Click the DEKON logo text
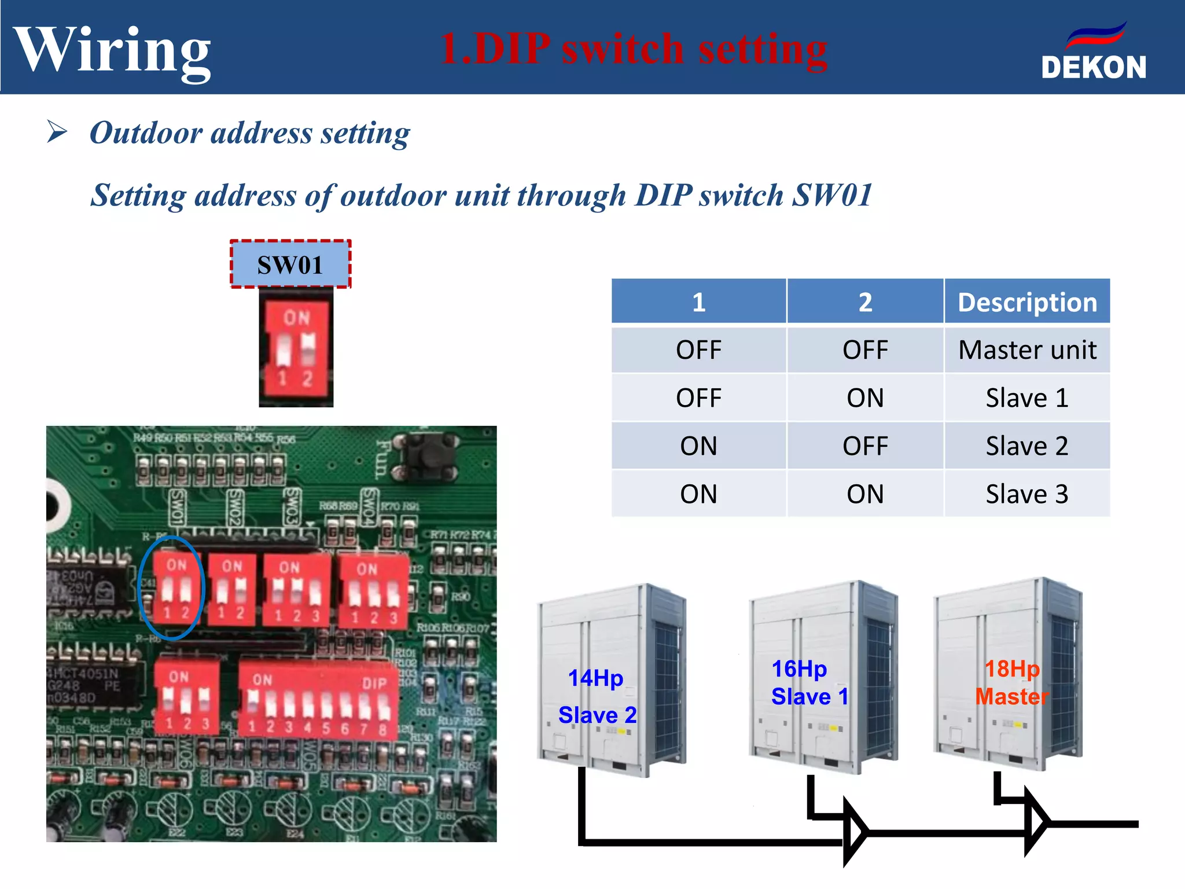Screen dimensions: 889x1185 coord(1093,67)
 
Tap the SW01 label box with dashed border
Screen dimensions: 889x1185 coord(290,265)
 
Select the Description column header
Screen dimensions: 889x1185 coord(1027,302)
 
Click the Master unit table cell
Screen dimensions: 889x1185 coord(1027,350)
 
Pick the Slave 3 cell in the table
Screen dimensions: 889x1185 coord(1027,494)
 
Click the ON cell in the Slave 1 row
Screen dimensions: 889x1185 coord(865,398)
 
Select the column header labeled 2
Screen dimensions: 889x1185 coord(865,302)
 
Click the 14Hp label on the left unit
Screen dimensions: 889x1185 coord(595,678)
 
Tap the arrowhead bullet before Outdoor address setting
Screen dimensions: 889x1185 coord(57,132)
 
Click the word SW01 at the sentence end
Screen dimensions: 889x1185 coord(832,195)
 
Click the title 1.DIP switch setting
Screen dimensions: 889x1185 coord(634,49)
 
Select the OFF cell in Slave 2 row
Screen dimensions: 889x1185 coord(865,446)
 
